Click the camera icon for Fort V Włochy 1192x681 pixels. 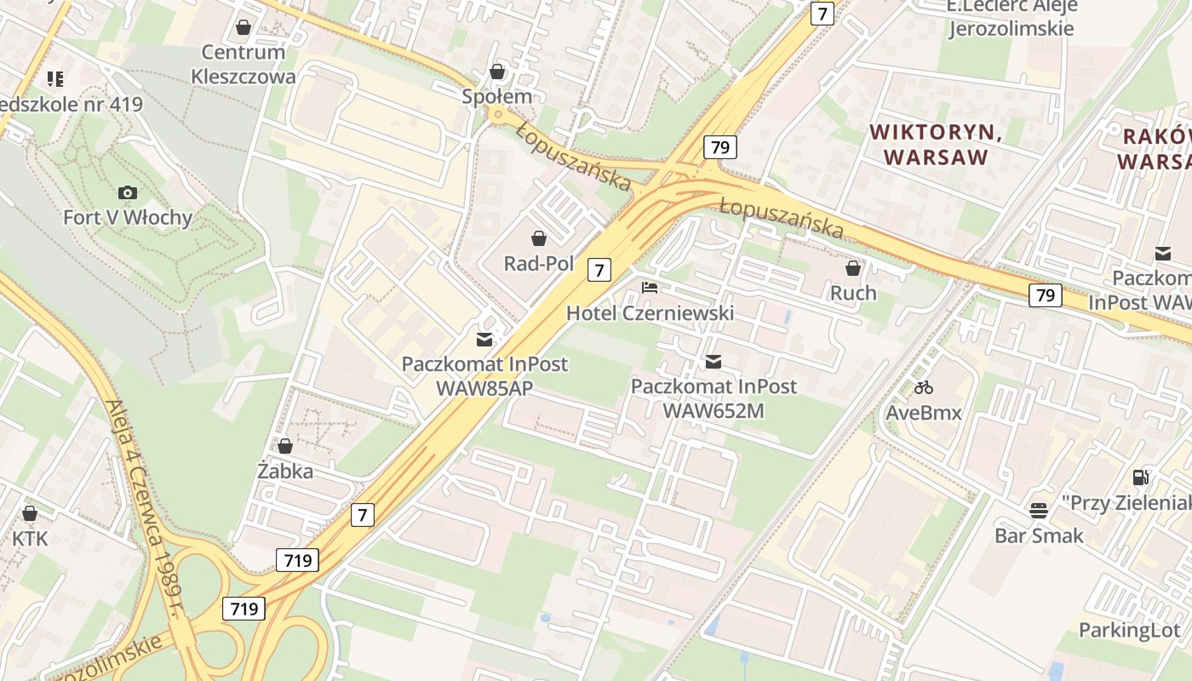[x=128, y=192]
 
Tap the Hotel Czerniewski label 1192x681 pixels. [x=650, y=313]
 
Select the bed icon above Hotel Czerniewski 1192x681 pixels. [x=650, y=288]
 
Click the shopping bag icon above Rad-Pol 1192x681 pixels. [x=538, y=238]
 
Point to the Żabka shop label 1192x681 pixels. [x=285, y=471]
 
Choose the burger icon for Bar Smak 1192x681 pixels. [x=1039, y=510]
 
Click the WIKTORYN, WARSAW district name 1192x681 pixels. [x=936, y=145]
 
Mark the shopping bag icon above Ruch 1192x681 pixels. [x=853, y=268]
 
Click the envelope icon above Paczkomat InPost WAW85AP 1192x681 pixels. [x=484, y=340]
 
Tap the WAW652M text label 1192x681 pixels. [x=713, y=410]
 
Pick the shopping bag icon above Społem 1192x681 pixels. [x=497, y=71]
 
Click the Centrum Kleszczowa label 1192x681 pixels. [x=244, y=64]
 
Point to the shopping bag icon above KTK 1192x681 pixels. [x=30, y=513]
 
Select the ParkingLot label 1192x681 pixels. [x=1130, y=630]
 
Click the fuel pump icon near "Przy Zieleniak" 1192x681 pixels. [x=1141, y=478]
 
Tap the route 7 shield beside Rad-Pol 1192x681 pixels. [x=599, y=271]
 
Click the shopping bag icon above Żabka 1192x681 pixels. [x=285, y=446]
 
